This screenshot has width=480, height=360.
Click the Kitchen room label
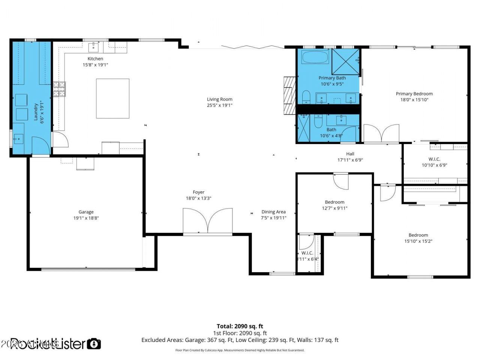click(95, 58)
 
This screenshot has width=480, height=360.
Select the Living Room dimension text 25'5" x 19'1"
click(220, 105)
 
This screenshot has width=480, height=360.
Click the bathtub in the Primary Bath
click(315, 58)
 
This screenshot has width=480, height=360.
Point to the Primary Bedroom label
click(414, 94)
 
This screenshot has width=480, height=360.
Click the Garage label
click(86, 212)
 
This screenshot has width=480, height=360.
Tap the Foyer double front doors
click(207, 222)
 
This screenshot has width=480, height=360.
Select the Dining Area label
click(273, 212)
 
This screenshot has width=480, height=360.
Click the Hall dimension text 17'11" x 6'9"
click(350, 160)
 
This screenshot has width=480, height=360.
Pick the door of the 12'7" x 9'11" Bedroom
click(341, 181)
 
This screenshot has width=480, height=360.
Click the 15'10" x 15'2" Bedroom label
click(418, 235)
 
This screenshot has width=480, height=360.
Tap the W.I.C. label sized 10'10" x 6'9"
click(434, 159)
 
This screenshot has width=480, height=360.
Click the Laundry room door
click(40, 146)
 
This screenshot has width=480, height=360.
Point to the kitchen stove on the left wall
click(59, 89)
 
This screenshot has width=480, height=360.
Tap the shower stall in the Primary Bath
click(345, 61)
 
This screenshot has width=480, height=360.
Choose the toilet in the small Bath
click(318, 121)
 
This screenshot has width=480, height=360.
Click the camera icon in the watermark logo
click(94, 343)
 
